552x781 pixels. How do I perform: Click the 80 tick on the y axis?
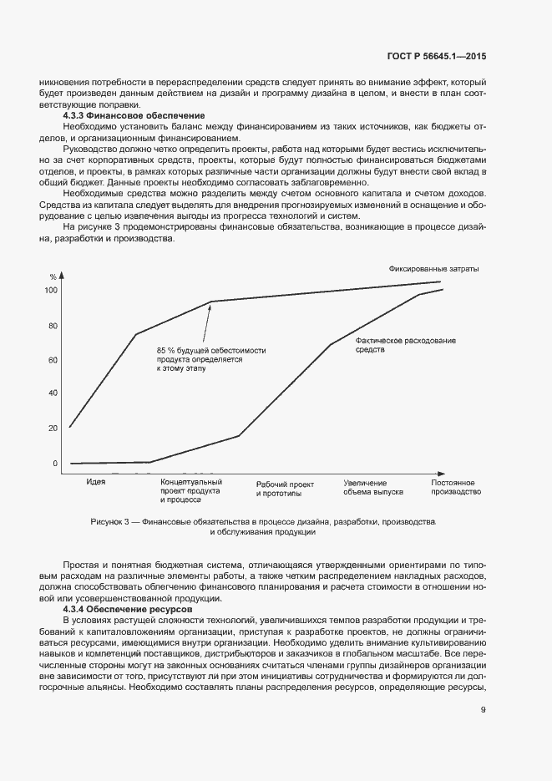(53, 326)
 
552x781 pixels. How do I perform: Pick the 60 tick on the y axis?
(53, 360)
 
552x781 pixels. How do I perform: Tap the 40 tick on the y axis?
(53, 393)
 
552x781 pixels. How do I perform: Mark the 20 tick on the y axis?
(53, 428)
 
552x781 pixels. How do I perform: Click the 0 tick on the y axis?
(55, 463)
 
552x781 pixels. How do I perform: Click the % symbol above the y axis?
(53, 276)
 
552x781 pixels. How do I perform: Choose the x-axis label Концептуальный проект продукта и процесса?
(190, 491)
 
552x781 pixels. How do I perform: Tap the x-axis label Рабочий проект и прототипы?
(285, 489)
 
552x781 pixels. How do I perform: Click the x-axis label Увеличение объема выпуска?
(372, 488)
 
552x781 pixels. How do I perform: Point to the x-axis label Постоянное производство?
(456, 488)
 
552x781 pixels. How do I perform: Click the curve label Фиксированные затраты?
(434, 269)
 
